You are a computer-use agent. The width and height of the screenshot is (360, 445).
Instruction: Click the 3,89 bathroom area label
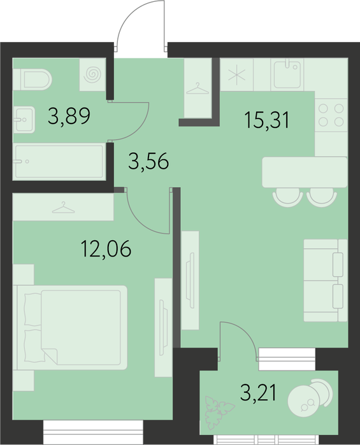click(x=69, y=117)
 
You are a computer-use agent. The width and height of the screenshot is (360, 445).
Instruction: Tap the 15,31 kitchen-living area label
click(x=267, y=120)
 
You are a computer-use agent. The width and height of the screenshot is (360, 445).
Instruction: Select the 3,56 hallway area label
click(x=148, y=161)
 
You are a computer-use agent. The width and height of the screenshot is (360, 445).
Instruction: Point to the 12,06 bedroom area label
click(x=106, y=249)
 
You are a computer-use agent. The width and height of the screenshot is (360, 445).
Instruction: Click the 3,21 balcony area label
click(x=258, y=393)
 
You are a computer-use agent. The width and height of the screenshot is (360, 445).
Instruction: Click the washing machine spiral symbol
click(x=93, y=74)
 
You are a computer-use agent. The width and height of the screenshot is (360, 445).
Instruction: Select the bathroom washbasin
click(x=24, y=120)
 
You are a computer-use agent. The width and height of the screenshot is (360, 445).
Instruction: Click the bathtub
click(x=59, y=162)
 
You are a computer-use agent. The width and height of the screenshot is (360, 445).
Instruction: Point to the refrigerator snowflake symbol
click(x=236, y=75)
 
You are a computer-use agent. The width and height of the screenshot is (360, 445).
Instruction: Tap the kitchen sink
click(x=287, y=74)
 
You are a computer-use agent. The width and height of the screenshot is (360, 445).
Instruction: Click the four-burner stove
click(x=331, y=115)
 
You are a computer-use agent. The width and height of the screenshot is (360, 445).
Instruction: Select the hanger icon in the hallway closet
click(x=198, y=89)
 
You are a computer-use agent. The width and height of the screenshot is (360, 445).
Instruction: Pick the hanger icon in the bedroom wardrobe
click(x=63, y=208)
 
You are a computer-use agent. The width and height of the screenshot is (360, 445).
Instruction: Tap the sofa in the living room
click(x=326, y=280)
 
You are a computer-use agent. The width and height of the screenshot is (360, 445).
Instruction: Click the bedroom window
click(x=93, y=432)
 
